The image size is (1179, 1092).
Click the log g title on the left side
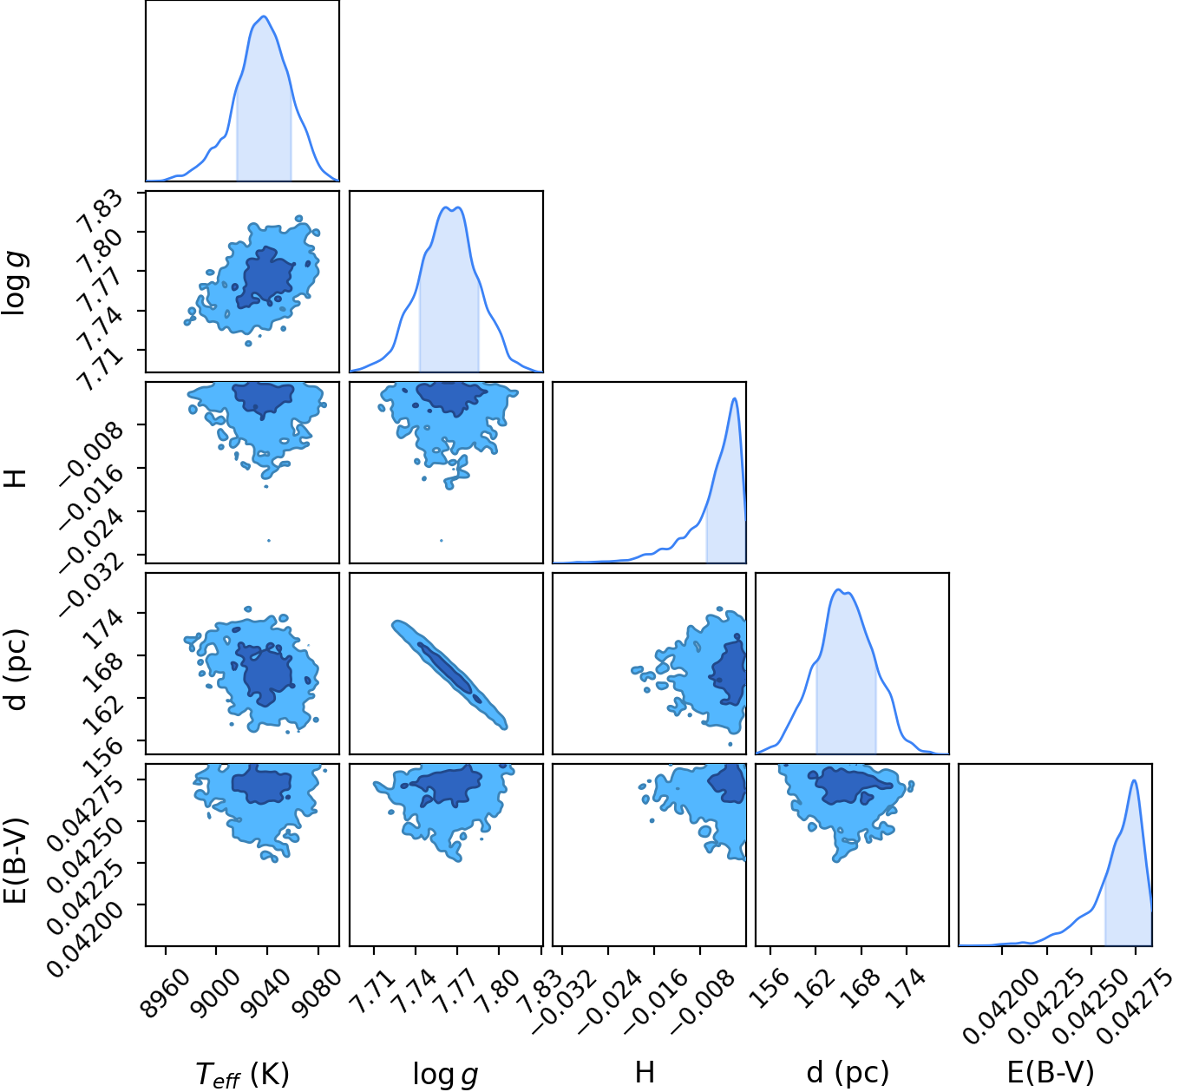coord(16,282)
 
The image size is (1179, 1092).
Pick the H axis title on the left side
coord(16,477)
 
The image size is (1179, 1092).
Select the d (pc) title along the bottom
coord(848,1072)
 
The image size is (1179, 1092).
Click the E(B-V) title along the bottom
coord(1051,1072)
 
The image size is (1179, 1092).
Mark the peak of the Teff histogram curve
coord(265,16)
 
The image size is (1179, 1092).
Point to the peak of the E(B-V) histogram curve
coord(1134,780)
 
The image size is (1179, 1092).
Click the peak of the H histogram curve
coord(735,398)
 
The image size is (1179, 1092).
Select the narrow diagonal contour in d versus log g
coord(449,674)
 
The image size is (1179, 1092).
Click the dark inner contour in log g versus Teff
coord(265,278)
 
